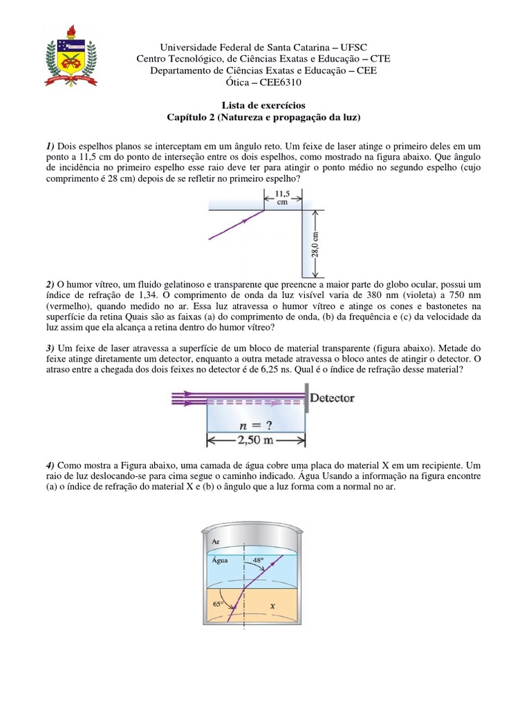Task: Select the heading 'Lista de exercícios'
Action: tap(264, 105)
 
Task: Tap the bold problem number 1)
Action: tap(50, 147)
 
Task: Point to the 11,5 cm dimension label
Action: tap(282, 199)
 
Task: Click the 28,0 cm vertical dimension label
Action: tap(326, 244)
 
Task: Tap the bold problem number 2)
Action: tap(50, 283)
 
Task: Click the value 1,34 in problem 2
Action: tap(136, 295)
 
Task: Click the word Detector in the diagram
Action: tap(333, 398)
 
